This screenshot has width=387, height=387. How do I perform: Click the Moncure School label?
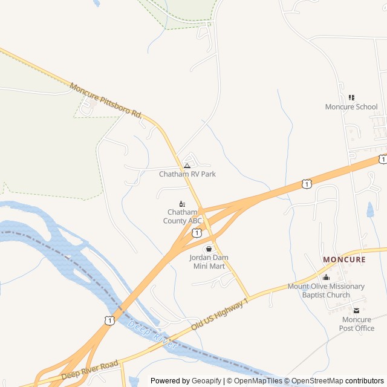click(351, 107)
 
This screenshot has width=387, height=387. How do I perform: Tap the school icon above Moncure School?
click(351, 97)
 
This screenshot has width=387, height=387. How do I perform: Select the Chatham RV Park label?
click(187, 174)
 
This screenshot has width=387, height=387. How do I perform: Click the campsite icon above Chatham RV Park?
click(187, 166)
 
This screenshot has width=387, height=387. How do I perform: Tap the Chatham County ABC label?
click(182, 216)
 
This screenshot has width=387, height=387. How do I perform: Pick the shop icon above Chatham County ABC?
click(181, 204)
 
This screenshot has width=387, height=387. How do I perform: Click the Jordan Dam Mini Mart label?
click(209, 261)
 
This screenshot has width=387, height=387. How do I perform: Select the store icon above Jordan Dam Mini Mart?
click(209, 249)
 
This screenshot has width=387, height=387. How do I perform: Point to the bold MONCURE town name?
click(344, 259)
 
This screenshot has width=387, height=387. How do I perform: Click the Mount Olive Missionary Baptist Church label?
click(326, 290)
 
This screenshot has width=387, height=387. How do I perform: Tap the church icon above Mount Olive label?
click(326, 277)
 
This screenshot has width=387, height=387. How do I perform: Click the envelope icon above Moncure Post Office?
click(356, 311)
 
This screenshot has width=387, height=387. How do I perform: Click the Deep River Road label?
click(89, 368)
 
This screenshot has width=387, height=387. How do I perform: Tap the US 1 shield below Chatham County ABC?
click(197, 232)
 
